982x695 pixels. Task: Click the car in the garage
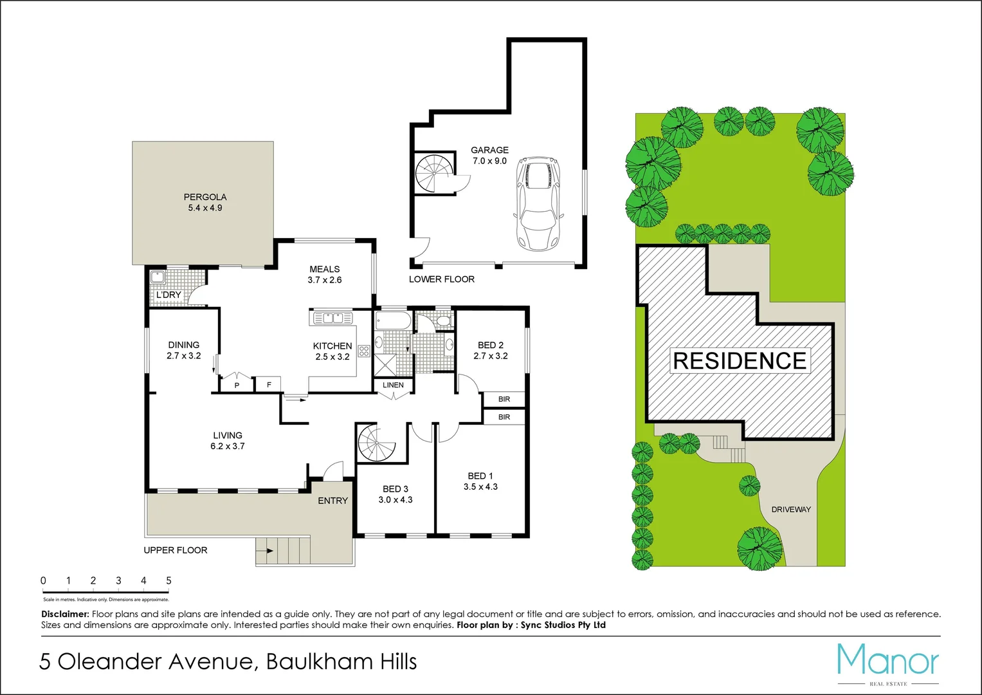pos(538,203)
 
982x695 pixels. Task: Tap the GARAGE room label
pos(489,150)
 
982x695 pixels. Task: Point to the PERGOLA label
pos(205,197)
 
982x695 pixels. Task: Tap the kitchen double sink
pos(332,317)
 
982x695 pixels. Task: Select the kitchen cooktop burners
pos(364,351)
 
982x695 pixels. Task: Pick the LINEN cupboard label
pos(393,385)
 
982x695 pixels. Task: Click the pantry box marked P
pos(237,385)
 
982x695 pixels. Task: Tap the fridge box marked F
pos(269,385)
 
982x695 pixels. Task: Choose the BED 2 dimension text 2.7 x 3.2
pos(491,356)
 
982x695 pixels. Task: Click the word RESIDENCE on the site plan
pos(740,361)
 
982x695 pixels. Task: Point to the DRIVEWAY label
pos(791,509)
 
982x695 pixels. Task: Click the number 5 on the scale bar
pos(168,580)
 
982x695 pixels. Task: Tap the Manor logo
pos(887,660)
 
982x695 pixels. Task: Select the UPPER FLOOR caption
pos(176,550)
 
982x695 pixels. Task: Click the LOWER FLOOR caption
pos(442,279)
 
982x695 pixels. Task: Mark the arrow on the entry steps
pos(269,551)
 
